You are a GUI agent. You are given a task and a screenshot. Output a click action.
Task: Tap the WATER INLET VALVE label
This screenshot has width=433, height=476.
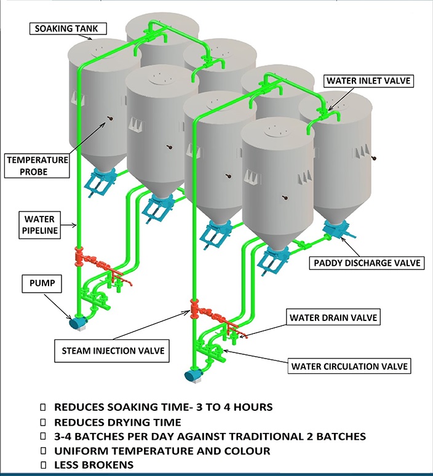click(x=367, y=80)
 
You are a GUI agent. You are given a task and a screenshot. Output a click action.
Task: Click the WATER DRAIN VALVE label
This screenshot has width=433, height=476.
click(x=333, y=318)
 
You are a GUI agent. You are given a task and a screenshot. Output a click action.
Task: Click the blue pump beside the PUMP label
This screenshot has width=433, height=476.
click(x=78, y=322)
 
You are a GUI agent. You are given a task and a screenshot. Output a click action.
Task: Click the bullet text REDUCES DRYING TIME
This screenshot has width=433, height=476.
click(x=117, y=422)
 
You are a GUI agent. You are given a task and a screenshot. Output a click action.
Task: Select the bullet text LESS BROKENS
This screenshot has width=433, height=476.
click(x=93, y=464)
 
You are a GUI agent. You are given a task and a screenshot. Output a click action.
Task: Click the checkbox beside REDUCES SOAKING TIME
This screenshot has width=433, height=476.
click(x=42, y=407)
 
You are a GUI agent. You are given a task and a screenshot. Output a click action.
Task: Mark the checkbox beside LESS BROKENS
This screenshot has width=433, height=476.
click(x=42, y=464)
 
